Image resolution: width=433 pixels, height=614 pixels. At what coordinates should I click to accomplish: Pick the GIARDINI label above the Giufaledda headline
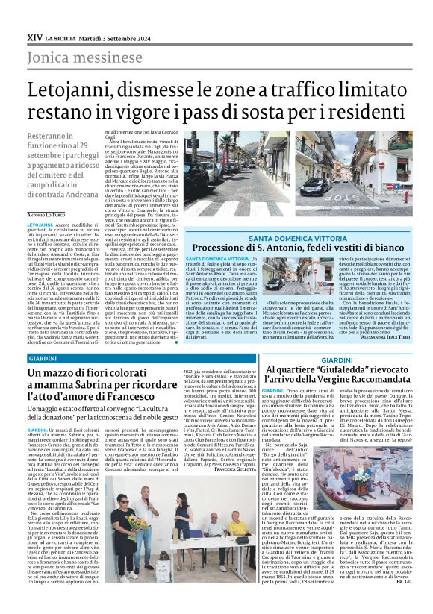tap(337, 360)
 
